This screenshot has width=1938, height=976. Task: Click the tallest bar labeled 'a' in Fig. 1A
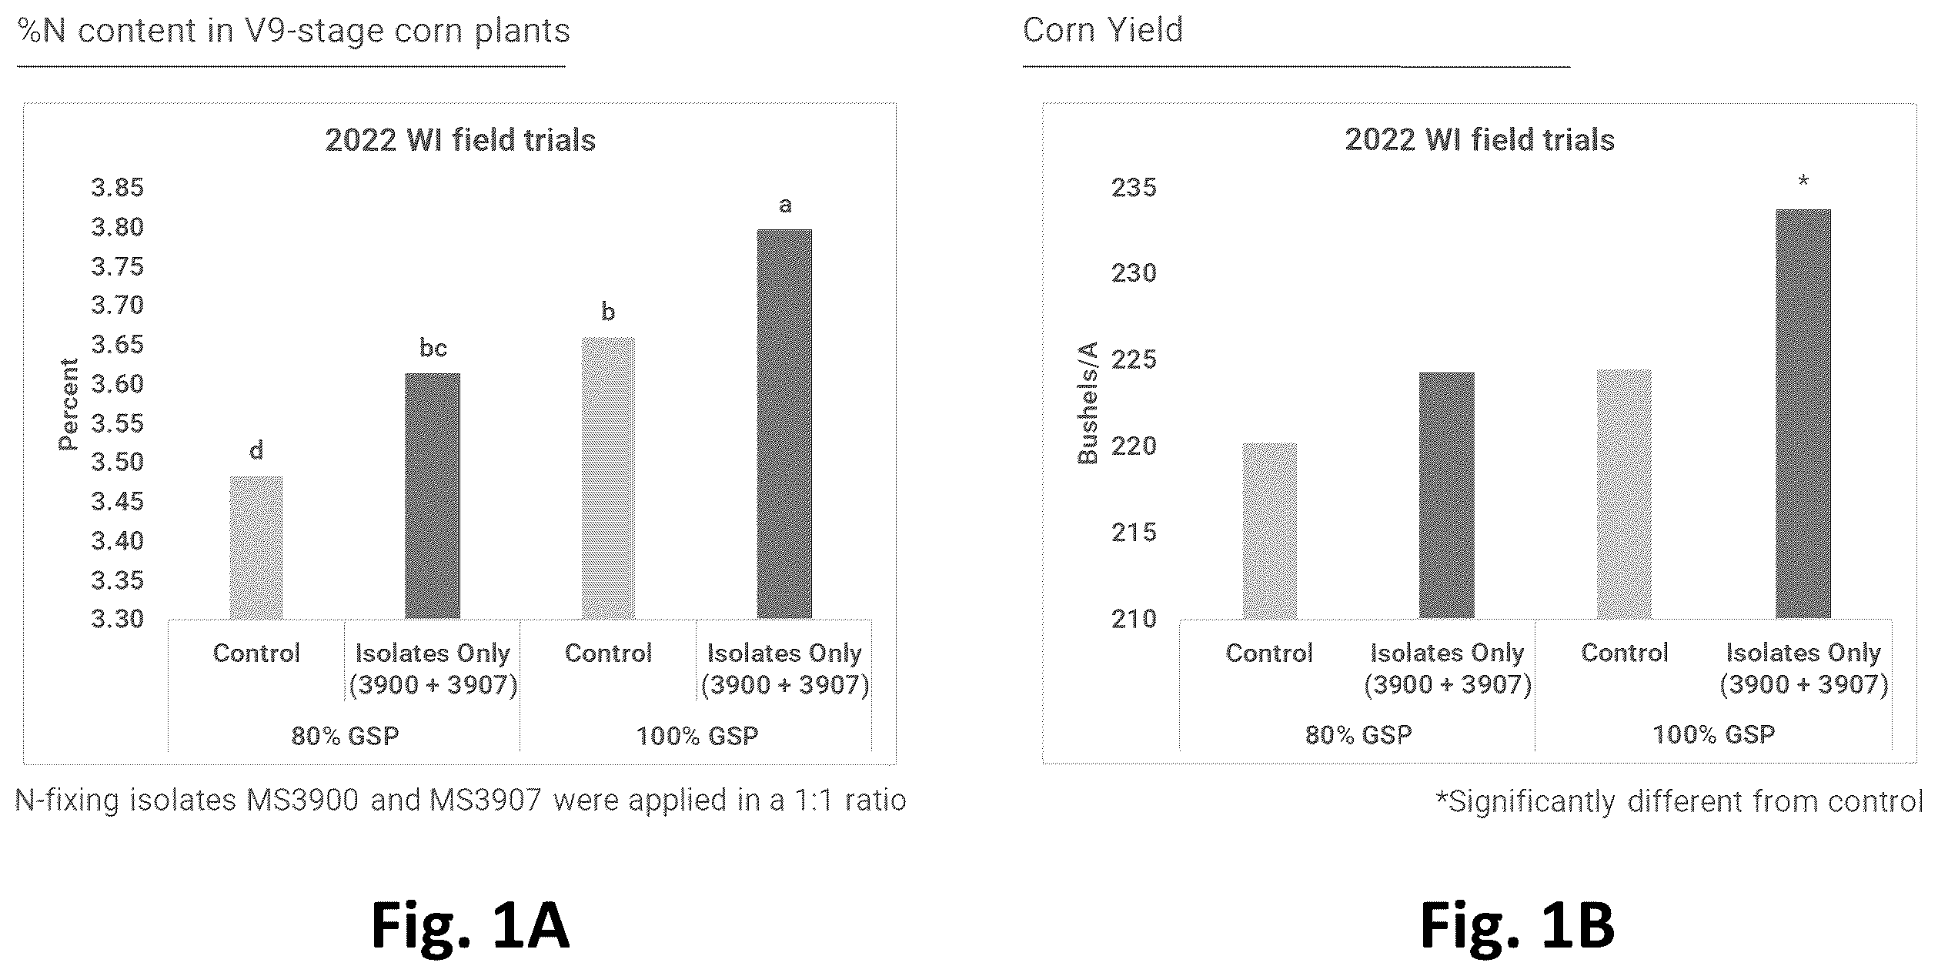point(784,423)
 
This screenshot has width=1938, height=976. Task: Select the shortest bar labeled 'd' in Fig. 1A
point(256,547)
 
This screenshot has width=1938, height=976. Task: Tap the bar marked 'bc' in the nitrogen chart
point(433,496)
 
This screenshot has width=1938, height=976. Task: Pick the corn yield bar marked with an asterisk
point(1803,413)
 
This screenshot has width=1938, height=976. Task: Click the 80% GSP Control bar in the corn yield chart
point(1269,530)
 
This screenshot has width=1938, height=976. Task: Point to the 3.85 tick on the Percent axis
point(118,187)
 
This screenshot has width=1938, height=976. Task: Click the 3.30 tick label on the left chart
point(118,619)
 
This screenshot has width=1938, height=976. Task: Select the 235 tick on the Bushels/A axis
point(1134,187)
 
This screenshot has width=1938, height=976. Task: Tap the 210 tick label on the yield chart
point(1134,619)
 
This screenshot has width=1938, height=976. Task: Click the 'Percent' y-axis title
point(68,404)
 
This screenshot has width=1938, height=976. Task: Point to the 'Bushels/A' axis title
point(1088,403)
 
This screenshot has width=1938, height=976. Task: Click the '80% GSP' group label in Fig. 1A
point(345,736)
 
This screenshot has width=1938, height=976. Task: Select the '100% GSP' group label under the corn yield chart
point(1714,734)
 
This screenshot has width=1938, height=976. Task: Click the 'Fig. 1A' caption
point(470,924)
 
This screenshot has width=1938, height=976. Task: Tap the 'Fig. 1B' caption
point(1517,924)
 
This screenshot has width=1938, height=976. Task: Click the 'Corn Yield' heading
point(1102,30)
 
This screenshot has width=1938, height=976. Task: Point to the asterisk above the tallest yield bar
point(1803,182)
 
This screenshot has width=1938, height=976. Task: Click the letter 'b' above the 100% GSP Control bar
point(608,312)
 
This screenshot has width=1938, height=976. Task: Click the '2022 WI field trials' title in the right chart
point(1479,140)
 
